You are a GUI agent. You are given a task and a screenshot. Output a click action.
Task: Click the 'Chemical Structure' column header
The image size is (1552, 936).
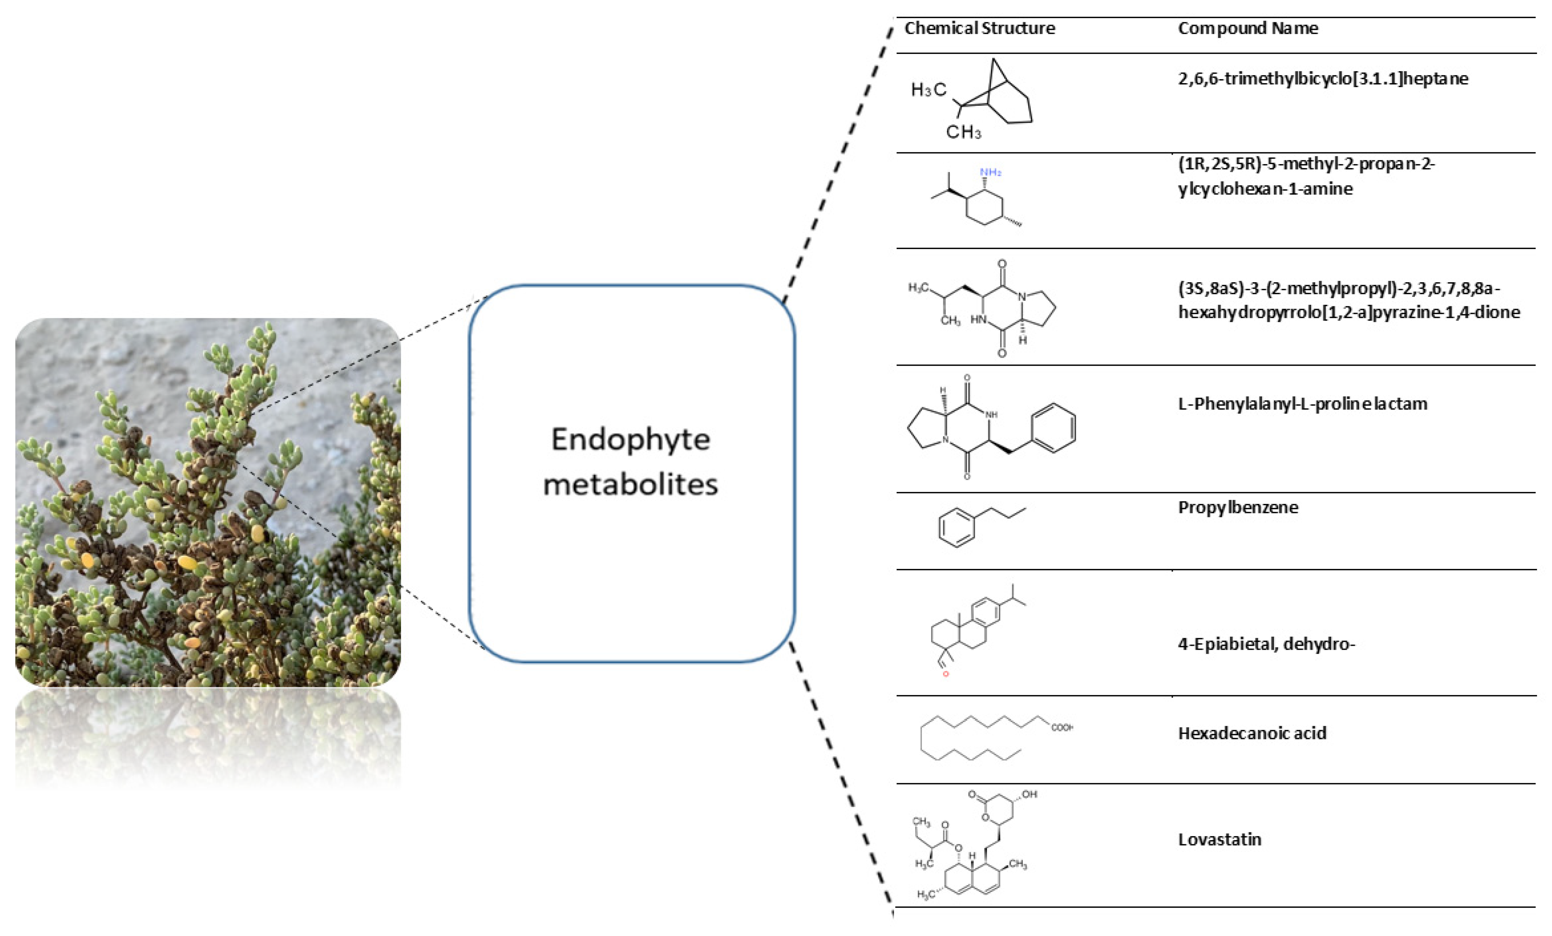pos(979,28)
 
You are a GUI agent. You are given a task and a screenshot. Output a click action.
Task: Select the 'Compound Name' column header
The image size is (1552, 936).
pos(1248,28)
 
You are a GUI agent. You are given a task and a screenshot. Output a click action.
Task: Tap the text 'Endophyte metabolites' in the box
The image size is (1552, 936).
pos(631,461)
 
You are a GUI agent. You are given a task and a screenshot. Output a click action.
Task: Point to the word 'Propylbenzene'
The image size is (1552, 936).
pos(1238,507)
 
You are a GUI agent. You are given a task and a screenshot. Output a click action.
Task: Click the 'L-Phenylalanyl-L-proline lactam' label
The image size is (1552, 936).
pos(1302,404)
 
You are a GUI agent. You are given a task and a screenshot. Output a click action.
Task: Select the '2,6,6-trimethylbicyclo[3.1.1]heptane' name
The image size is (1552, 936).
pos(1323,79)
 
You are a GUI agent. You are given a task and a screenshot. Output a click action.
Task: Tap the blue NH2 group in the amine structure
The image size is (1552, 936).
pos(990,172)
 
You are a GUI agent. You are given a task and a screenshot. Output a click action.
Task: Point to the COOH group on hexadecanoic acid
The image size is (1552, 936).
pos(1062,728)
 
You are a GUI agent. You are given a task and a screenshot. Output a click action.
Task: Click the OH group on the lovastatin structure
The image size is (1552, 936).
pos(1029,795)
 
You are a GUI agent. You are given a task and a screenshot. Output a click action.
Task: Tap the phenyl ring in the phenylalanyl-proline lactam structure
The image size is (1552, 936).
pos(1054,428)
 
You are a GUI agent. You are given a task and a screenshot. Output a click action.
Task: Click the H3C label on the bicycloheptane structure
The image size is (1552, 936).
pos(928,90)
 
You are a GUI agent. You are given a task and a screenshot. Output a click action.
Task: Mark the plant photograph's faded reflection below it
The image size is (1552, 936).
pos(208,737)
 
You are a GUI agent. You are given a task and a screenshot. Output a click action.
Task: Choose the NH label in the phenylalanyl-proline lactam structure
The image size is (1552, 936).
pos(991,415)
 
